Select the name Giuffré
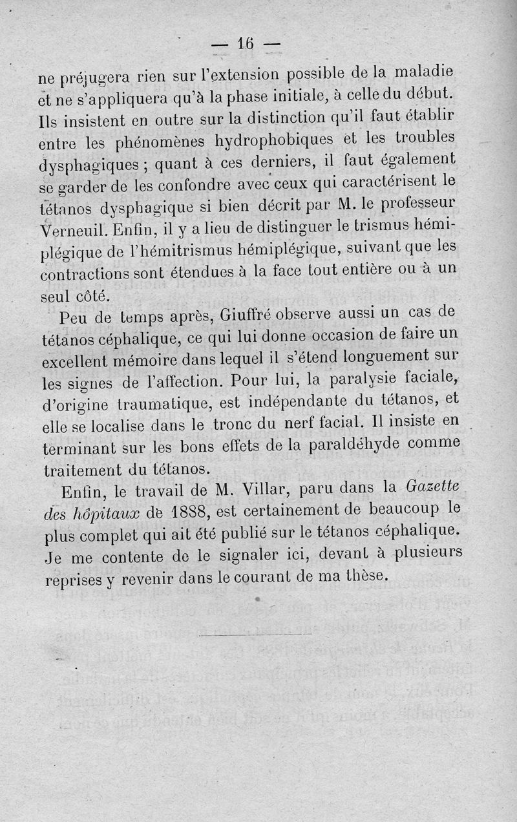point(242,316)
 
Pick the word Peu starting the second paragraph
point(72,319)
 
